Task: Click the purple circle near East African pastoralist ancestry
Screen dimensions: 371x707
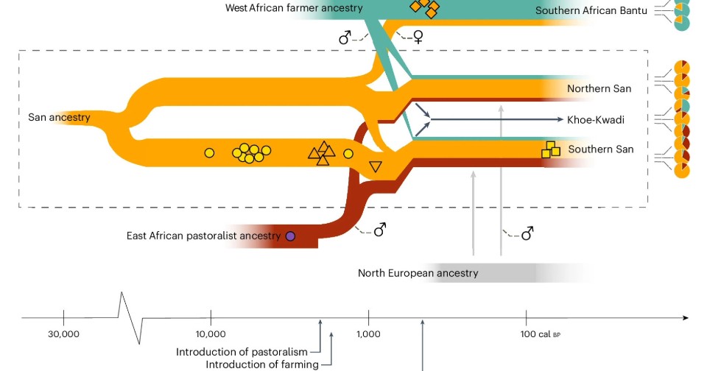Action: coord(290,236)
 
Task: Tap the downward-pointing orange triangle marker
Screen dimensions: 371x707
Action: coord(375,167)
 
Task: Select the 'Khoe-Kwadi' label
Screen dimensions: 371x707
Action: coord(595,119)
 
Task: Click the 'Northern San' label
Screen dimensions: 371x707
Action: coord(599,89)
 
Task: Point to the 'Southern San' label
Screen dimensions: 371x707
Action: coord(601,149)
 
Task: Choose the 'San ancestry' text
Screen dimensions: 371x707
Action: coord(59,117)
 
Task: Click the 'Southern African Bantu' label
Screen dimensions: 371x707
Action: coord(591,11)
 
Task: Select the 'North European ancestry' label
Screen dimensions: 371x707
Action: coord(418,273)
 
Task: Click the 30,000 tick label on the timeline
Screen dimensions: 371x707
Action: coord(64,334)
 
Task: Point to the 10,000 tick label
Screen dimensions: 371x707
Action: coord(211,334)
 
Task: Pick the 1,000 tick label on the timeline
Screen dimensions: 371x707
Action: coord(368,334)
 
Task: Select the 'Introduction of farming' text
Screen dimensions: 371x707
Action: coord(262,364)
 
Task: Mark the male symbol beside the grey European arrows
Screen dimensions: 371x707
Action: coord(527,234)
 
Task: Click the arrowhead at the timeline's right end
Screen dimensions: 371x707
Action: coord(685,318)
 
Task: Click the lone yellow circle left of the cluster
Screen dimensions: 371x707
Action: coord(209,153)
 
